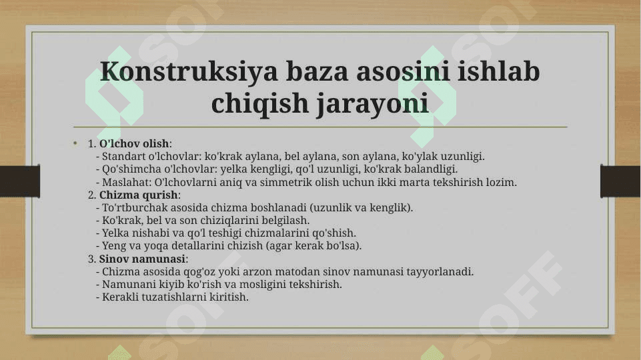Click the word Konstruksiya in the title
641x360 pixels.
click(189, 71)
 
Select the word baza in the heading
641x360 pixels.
click(317, 71)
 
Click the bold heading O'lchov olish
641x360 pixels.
click(134, 143)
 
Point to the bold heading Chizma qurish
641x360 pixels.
click(139, 195)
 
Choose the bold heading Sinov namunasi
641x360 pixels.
click(142, 259)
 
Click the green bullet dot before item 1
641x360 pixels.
click(75, 143)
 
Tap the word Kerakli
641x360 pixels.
click(118, 297)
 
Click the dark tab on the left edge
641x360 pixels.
click(20, 181)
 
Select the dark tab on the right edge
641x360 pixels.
click(620, 181)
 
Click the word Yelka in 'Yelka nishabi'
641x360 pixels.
click(115, 233)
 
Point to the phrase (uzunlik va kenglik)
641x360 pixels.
click(362, 207)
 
